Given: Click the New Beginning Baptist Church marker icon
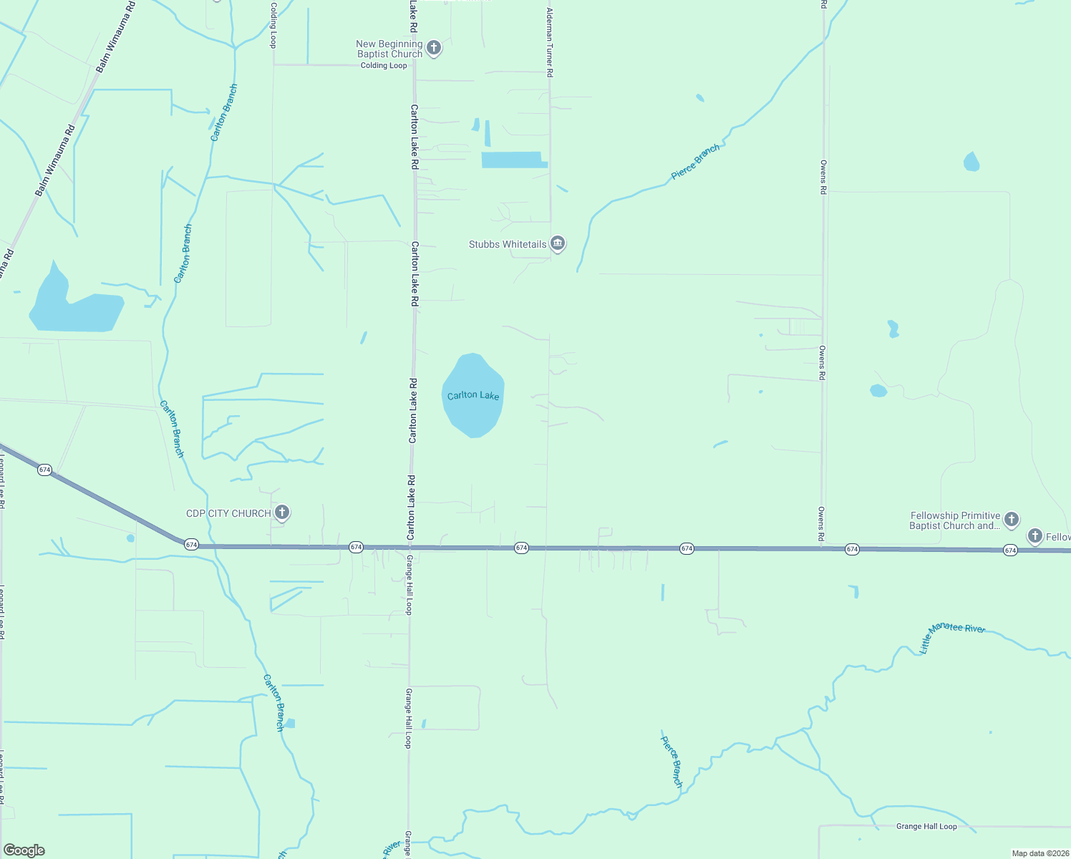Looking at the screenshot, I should pyautogui.click(x=433, y=48).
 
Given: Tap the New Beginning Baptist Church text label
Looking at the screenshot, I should pyautogui.click(x=389, y=49).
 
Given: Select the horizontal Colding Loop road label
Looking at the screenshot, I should pyautogui.click(x=384, y=65).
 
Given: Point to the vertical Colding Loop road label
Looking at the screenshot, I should pyautogui.click(x=273, y=25).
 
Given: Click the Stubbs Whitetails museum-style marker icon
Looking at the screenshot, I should pyautogui.click(x=558, y=243).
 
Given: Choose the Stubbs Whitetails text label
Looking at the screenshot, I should pyautogui.click(x=508, y=244).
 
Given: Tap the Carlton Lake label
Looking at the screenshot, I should pyautogui.click(x=473, y=395).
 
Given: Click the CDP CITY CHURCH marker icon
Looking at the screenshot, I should pyautogui.click(x=282, y=512).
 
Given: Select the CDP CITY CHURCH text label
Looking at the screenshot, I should pyautogui.click(x=228, y=513).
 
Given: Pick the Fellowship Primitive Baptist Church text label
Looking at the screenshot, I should pyautogui.click(x=955, y=520).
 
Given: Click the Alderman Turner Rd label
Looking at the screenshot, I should pyautogui.click(x=550, y=43).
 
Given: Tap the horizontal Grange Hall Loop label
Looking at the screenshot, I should pyautogui.click(x=926, y=826).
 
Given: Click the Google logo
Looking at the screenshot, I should pyautogui.click(x=24, y=850).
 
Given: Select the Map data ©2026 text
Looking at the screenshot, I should pyautogui.click(x=1039, y=853).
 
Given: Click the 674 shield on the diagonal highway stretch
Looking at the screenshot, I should pyautogui.click(x=45, y=470).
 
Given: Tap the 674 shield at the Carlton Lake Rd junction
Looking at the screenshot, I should pyautogui.click(x=356, y=547).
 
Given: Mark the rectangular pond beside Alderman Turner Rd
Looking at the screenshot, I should pyautogui.click(x=512, y=160).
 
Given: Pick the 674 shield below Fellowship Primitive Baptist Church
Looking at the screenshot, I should pyautogui.click(x=1010, y=550).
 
